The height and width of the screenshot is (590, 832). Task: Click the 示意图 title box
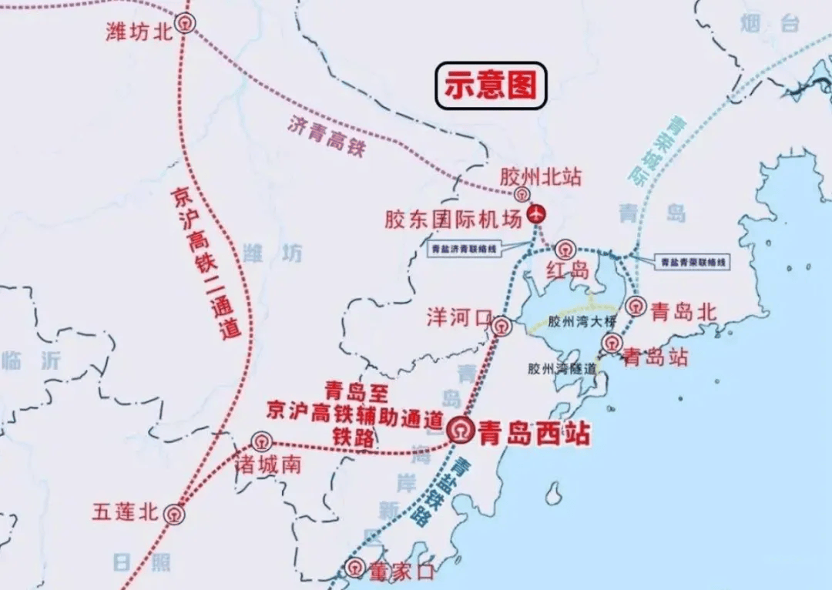491,85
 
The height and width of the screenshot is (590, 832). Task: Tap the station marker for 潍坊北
185,23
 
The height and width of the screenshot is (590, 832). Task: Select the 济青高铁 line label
327,136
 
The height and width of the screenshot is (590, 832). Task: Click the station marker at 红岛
567,249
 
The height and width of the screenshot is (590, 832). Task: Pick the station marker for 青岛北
636,306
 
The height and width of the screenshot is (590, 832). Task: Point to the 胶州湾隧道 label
562,368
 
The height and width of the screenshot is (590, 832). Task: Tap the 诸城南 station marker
262,442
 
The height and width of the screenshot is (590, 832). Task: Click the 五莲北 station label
125,511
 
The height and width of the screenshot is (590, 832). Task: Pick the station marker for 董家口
354,568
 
